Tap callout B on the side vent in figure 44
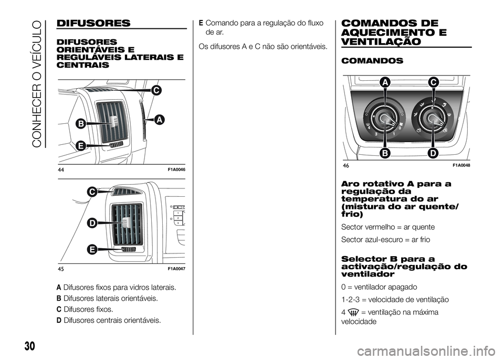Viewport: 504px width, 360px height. [82, 124]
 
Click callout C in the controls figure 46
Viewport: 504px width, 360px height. [433, 82]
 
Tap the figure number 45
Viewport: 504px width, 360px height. [61, 269]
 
